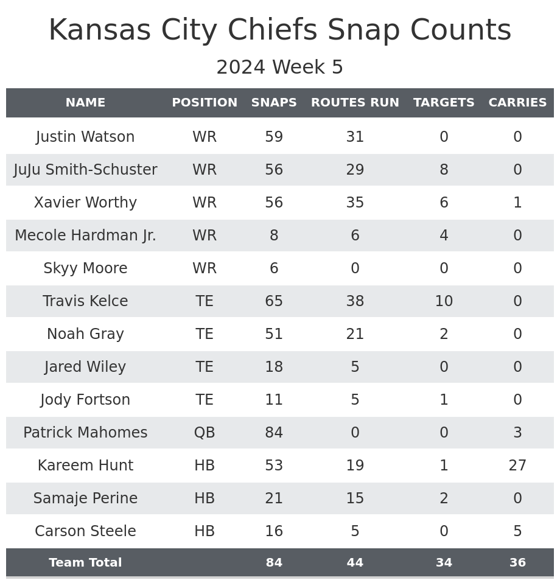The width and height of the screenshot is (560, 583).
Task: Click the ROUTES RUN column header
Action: pos(355,103)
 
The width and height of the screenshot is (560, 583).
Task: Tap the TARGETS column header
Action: pos(444,103)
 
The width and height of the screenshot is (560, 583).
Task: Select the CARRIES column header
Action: pos(517,103)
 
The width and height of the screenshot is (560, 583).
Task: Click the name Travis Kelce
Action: pos(85,301)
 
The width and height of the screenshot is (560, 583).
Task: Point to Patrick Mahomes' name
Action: pos(85,433)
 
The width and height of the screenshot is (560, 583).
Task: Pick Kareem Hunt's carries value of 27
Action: pos(517,466)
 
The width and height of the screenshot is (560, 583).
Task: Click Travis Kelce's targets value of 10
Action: pos(444,301)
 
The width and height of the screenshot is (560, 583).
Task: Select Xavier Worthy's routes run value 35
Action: pos(355,203)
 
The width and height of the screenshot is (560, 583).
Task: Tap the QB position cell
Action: pos(205,433)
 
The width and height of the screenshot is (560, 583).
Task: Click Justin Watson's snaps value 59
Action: pos(274,137)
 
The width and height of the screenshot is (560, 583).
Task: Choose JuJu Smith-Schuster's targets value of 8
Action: pos(444,170)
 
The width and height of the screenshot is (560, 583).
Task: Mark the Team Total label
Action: pos(85,563)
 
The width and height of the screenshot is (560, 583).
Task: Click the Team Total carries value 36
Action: pos(517,563)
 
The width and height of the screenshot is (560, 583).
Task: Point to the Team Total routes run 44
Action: pos(355,563)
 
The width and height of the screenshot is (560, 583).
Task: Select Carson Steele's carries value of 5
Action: pos(517,531)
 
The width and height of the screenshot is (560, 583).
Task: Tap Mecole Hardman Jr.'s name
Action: pos(85,236)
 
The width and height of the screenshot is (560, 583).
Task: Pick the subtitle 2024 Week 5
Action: pos(280,68)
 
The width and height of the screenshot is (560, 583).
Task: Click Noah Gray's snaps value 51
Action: pos(274,334)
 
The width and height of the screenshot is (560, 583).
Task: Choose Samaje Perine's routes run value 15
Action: pos(355,498)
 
